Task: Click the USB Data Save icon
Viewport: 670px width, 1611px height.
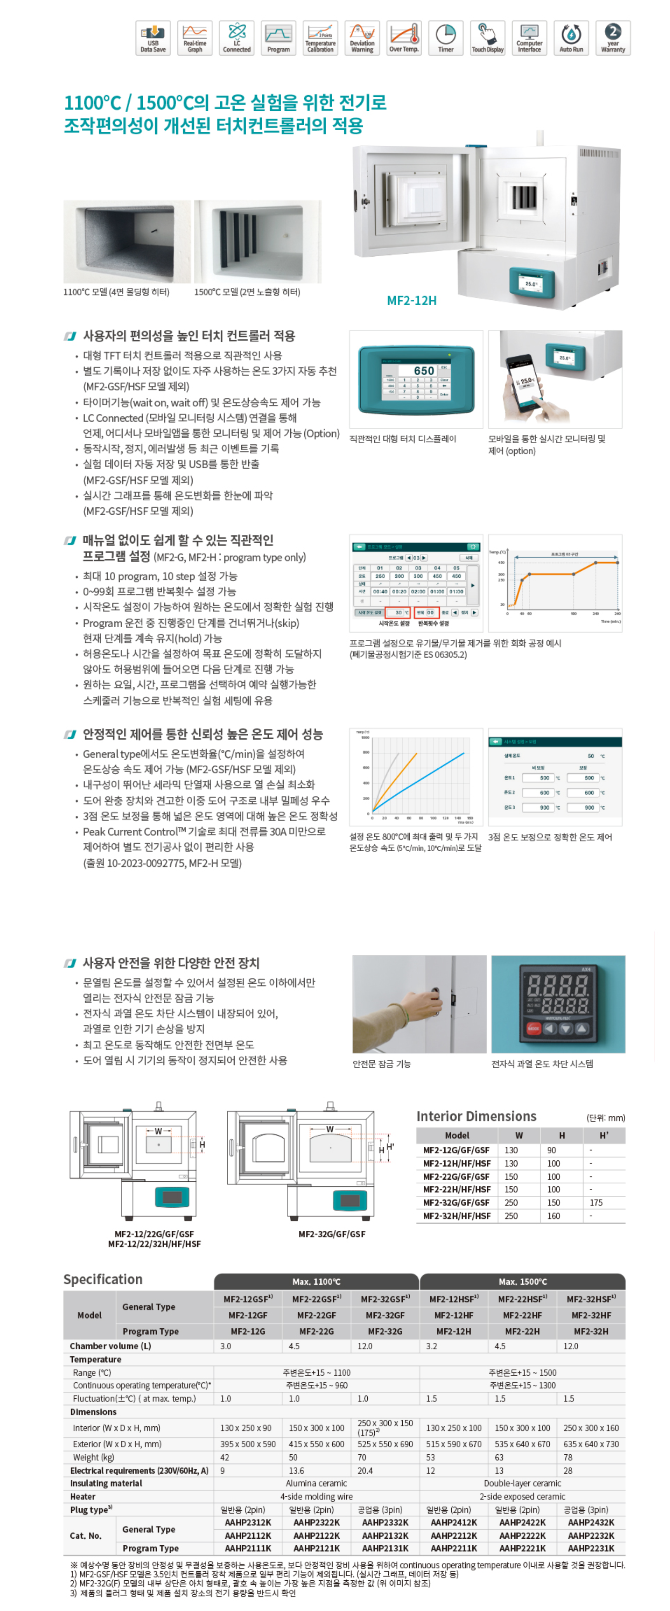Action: (153, 37)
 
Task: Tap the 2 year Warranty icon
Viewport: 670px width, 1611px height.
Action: (612, 37)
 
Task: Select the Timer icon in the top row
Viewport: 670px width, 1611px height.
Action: (445, 37)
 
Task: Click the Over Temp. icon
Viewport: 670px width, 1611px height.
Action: (403, 37)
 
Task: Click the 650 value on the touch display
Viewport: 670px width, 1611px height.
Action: (424, 371)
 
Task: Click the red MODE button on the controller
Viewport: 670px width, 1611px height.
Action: (533, 1028)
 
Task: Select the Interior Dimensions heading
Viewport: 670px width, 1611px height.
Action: (476, 1116)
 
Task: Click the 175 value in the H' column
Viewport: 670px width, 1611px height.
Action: (596, 1203)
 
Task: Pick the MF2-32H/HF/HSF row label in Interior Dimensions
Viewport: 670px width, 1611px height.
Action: (457, 1216)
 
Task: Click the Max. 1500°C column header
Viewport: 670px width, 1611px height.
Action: (523, 1281)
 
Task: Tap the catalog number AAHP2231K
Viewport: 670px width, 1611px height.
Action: (591, 1548)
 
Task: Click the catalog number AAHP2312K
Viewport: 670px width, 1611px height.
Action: (248, 1522)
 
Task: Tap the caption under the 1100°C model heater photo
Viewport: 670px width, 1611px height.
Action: (116, 292)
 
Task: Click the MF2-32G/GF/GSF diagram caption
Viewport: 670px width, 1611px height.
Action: (331, 1234)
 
